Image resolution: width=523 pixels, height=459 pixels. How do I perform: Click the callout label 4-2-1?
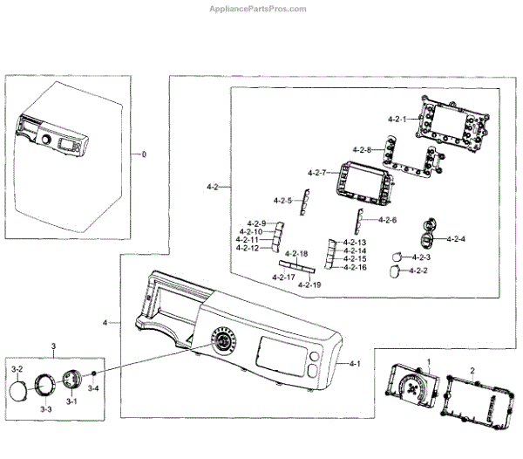coord(398,118)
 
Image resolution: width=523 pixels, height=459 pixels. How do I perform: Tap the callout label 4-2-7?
coord(317,173)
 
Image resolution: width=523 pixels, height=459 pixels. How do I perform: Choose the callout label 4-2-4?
coord(456,239)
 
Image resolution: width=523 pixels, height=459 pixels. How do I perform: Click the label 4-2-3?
coord(421,257)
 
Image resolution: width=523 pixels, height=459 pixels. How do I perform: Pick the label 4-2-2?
coord(419,271)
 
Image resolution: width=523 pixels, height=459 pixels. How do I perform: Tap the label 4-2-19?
coord(309,284)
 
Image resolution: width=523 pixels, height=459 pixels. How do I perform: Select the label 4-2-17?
coord(283,277)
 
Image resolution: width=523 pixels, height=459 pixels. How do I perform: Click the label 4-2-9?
coord(256,223)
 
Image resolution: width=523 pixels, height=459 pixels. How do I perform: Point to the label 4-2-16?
coord(355,267)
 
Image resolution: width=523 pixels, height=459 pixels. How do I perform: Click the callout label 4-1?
coord(355,363)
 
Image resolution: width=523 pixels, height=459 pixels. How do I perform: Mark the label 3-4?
coord(90,388)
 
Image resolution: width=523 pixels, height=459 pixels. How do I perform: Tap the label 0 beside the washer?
coord(145,154)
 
